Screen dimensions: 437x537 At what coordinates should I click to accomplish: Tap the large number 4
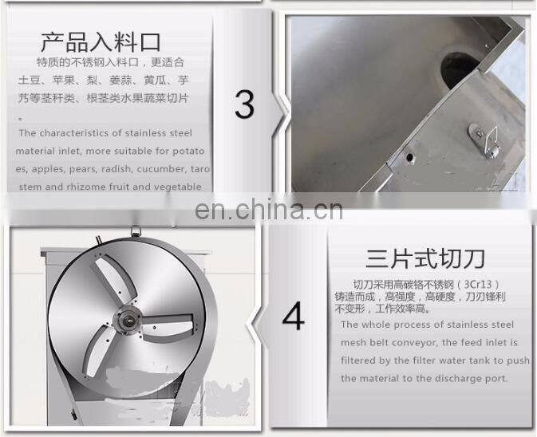[x=294, y=317]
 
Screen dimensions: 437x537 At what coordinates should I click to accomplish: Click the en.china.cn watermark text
[x=269, y=211]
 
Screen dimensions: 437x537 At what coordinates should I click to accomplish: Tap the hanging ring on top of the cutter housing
[x=136, y=232]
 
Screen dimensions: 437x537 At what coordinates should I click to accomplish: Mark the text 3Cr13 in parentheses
[x=484, y=284]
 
